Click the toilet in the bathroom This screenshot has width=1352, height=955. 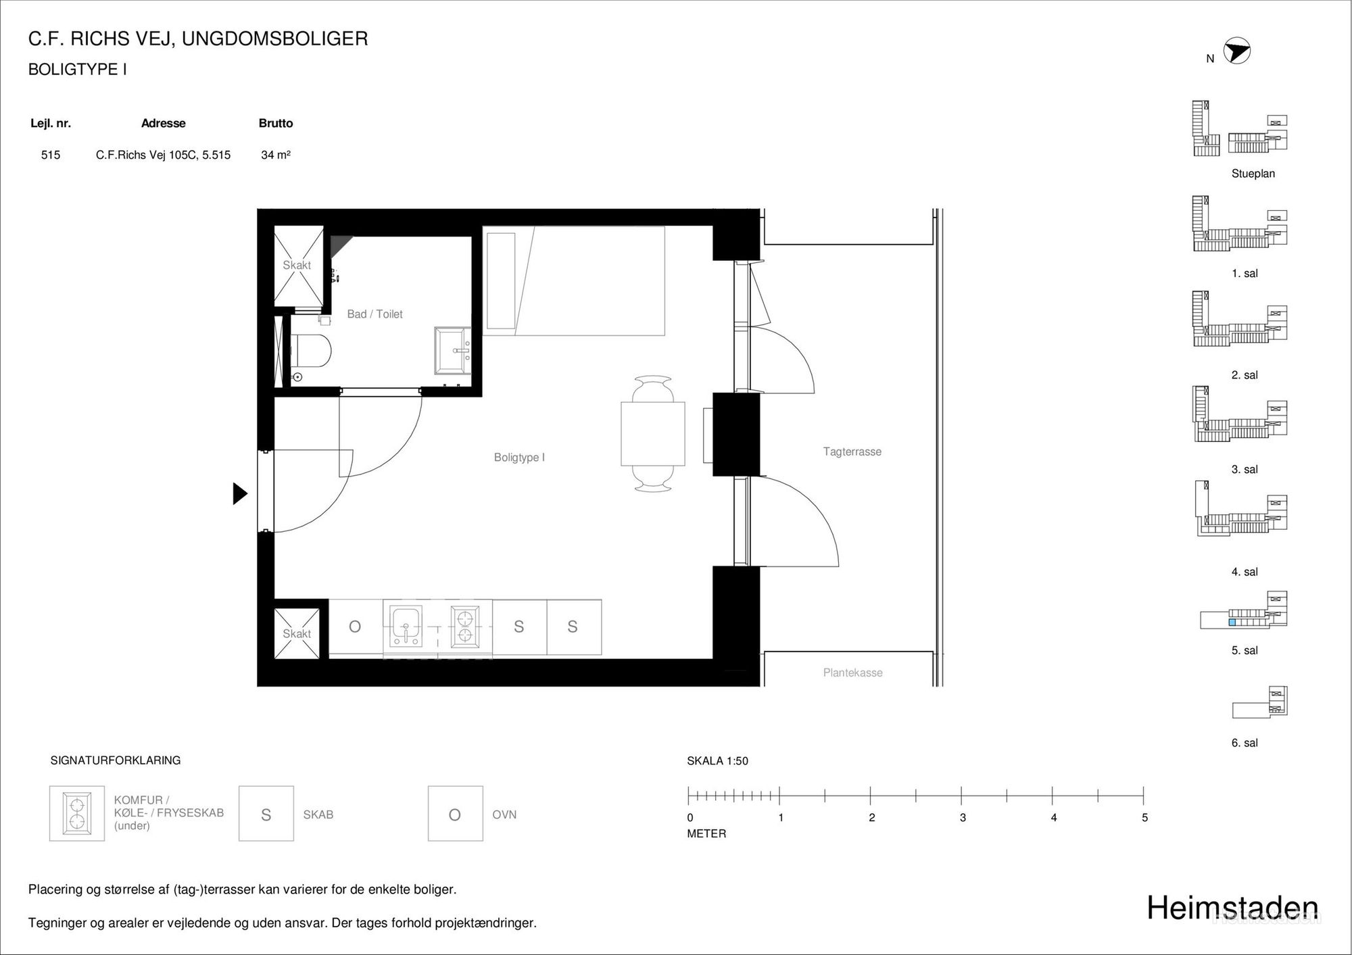tap(311, 352)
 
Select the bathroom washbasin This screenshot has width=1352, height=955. tap(454, 350)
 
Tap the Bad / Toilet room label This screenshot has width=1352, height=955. tap(375, 314)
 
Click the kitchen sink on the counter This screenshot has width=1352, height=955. tap(406, 626)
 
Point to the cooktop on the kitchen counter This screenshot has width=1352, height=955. tap(465, 626)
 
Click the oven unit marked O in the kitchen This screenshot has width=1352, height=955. tap(356, 627)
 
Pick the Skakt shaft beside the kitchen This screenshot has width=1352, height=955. tap(297, 633)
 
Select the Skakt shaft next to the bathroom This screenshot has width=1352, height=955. tap(297, 266)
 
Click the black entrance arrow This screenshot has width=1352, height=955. tap(240, 493)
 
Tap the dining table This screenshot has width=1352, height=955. tap(653, 433)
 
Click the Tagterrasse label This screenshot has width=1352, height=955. tap(852, 451)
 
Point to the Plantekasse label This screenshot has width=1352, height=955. tap(852, 672)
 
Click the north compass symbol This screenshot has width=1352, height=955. tap(1237, 51)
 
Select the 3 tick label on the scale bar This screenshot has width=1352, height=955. tap(963, 818)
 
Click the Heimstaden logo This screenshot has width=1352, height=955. tap(1232, 908)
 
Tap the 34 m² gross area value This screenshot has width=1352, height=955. tap(276, 155)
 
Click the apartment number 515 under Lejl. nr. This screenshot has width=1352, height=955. tap(51, 155)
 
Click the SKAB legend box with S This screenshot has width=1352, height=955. tap(266, 813)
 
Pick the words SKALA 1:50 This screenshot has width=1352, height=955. tap(717, 761)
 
